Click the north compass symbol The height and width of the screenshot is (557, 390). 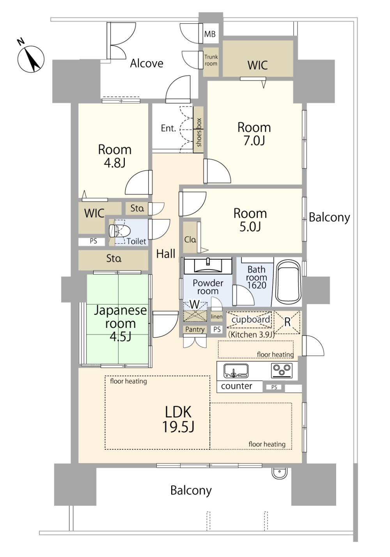pos(31,59)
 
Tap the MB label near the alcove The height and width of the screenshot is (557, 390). pos(210,34)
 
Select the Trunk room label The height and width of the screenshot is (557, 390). pos(211,60)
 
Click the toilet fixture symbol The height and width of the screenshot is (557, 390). pos(120,232)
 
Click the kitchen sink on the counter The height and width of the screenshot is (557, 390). pos(236,371)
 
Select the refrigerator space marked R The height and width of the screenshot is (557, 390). pos(287,322)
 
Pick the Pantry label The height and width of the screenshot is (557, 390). pos(195,329)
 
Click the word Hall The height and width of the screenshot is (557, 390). pos(166,254)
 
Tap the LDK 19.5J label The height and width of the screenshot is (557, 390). pos(178,419)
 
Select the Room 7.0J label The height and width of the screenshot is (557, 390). pos(254,134)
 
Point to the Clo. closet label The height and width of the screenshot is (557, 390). pos(190,239)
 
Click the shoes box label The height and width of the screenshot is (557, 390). pos(199,132)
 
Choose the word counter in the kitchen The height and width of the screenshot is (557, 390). pos(237,385)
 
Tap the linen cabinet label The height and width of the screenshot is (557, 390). pos(216,317)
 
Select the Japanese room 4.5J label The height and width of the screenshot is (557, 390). pos(121,323)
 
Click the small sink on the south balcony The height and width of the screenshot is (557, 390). pos(279,473)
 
